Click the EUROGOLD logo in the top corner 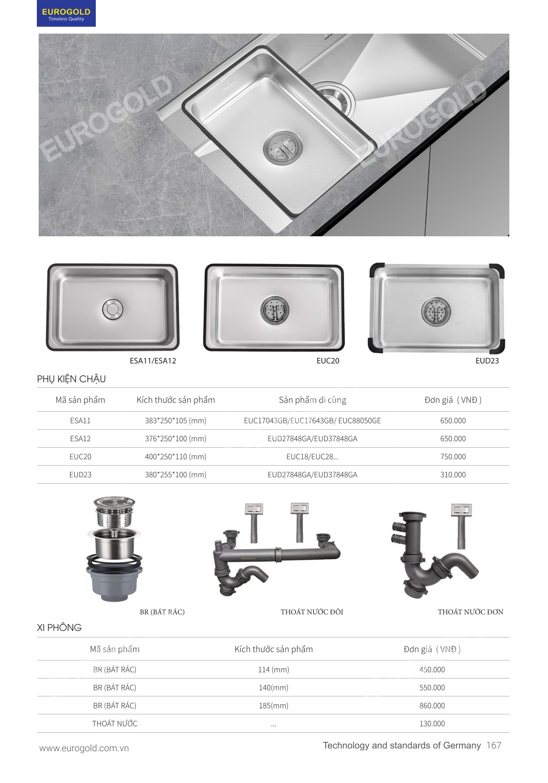[x=66, y=14]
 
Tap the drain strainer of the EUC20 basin [x=275, y=310]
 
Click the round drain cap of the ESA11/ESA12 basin [x=112, y=309]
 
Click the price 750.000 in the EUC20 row [x=453, y=456]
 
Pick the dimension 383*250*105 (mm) [x=175, y=421]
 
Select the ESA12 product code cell [x=80, y=438]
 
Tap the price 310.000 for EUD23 [x=453, y=475]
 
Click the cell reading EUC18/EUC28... [x=312, y=456]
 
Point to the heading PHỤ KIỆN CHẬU [x=71, y=379]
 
